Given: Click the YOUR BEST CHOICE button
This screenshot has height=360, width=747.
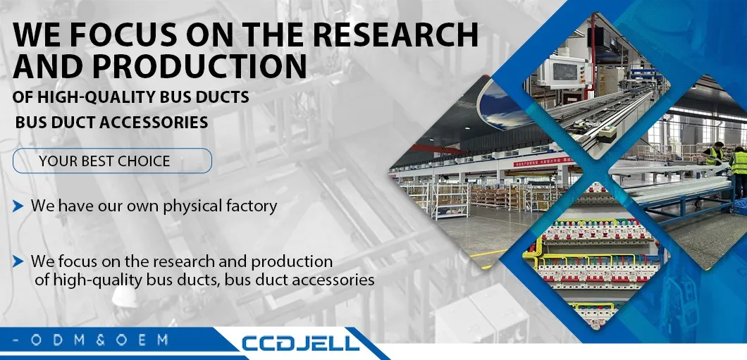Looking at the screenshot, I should pyautogui.click(x=112, y=161).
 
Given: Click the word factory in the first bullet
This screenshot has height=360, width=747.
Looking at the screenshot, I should pyautogui.click(x=250, y=206).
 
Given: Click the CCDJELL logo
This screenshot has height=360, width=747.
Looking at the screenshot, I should pyautogui.click(x=301, y=343).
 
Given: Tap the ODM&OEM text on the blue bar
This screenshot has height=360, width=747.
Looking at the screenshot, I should pyautogui.click(x=92, y=340).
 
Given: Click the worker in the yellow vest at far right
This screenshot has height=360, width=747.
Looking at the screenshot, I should pyautogui.click(x=738, y=166).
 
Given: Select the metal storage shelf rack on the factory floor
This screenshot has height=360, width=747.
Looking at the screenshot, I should pyautogui.click(x=450, y=199).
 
